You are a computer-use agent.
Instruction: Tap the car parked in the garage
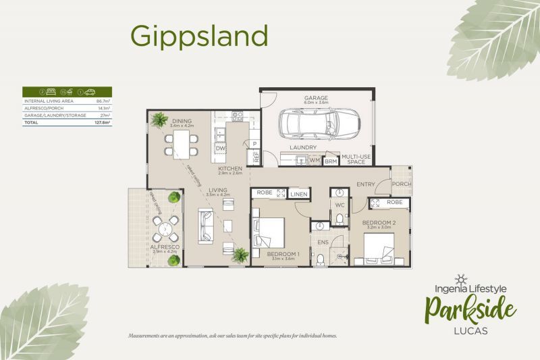coord(315,123)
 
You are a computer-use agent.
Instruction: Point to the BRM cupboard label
coord(331,161)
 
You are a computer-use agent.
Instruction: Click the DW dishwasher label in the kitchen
coord(220,147)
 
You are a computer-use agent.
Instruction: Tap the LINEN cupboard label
coord(299,195)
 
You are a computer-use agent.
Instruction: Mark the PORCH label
coord(401,183)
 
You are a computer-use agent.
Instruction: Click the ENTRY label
coord(367,183)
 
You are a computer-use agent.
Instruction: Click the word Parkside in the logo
coord(470,310)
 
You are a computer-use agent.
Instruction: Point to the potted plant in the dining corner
coord(159,120)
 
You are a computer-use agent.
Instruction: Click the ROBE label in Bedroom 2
coord(395,202)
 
